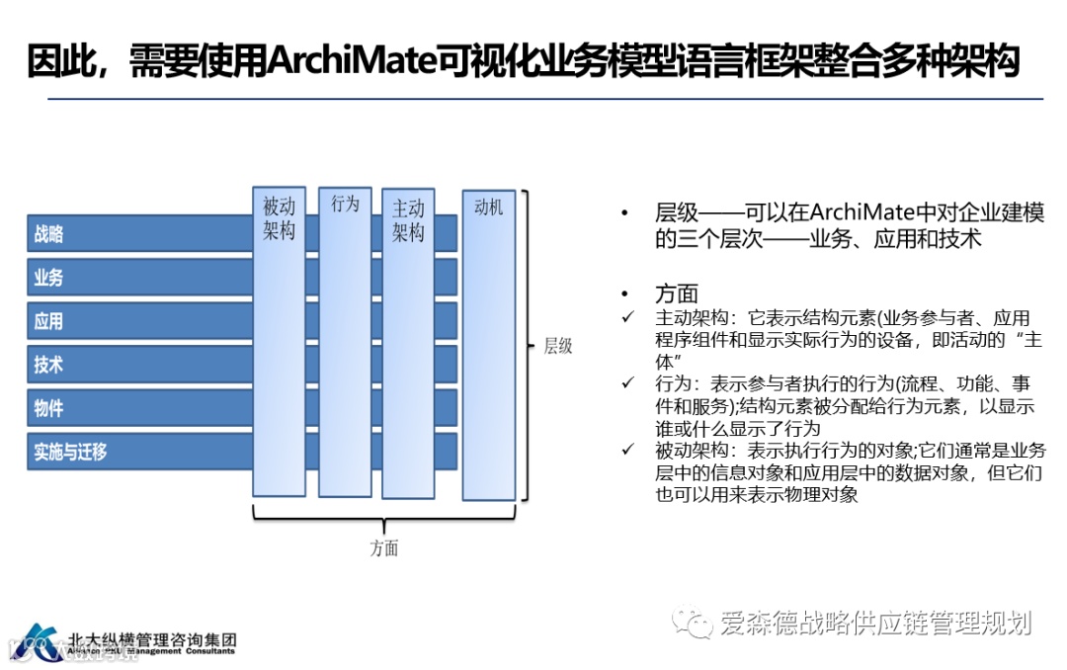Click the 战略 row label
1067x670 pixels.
click(x=48, y=234)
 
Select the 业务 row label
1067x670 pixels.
click(x=48, y=278)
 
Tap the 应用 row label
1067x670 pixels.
click(x=48, y=321)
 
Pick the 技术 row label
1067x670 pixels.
click(x=48, y=365)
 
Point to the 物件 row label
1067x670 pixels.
click(x=48, y=408)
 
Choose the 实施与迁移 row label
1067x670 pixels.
click(x=70, y=452)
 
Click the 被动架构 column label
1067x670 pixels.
click(x=279, y=219)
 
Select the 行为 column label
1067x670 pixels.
click(x=345, y=205)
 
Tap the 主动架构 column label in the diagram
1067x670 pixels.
click(x=408, y=220)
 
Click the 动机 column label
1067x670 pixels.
click(x=488, y=207)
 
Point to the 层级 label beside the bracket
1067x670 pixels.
click(x=558, y=346)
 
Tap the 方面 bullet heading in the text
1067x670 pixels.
click(x=677, y=293)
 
